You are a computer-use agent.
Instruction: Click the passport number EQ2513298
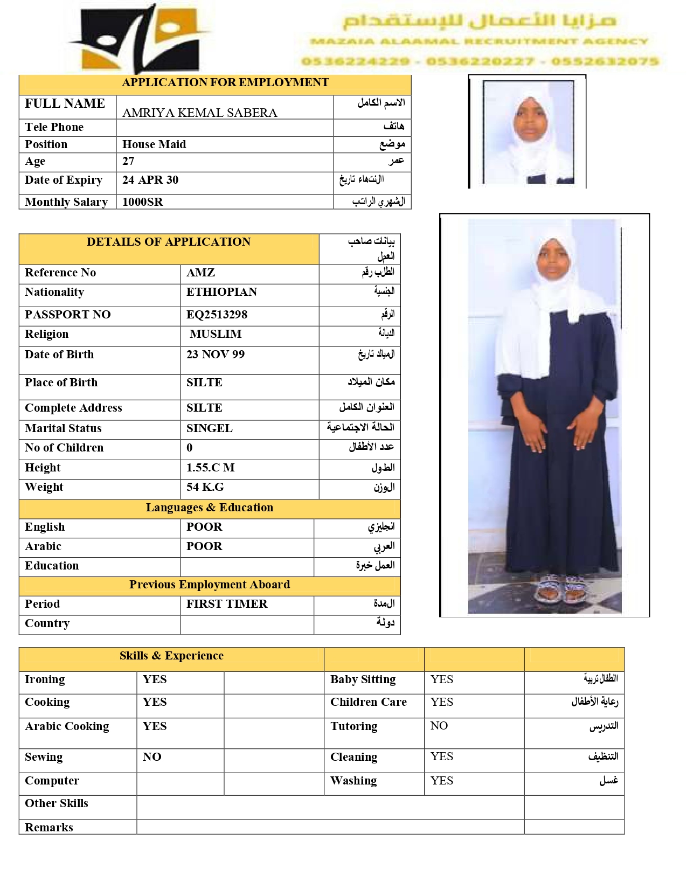point(217,315)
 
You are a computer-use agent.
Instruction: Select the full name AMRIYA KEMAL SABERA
point(199,113)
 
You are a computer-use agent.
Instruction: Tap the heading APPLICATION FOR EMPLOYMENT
point(225,82)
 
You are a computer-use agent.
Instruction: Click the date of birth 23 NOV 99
point(215,355)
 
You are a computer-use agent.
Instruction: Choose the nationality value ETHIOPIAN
point(221,292)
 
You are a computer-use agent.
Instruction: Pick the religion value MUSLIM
point(216,334)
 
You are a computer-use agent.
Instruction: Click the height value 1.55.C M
point(210,468)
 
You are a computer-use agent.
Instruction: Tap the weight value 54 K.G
point(205,487)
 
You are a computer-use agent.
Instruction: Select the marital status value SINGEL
point(209,428)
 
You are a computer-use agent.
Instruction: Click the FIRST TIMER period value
point(226,604)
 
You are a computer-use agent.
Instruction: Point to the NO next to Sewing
point(151,757)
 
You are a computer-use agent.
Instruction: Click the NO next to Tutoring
point(439,726)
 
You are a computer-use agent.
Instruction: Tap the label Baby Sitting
point(363,679)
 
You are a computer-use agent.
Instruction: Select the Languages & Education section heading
point(209,508)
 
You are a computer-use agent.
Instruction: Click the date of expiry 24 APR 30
point(150,180)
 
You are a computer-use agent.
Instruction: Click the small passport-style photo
point(527,132)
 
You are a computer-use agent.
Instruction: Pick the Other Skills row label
point(56,803)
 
